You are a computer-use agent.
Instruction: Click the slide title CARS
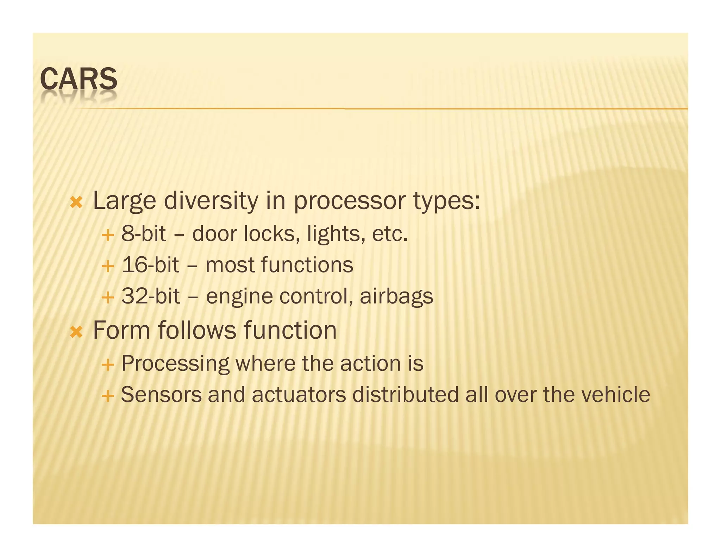[x=79, y=79]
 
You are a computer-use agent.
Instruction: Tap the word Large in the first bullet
[x=124, y=201]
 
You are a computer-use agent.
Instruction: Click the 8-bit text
[x=143, y=233]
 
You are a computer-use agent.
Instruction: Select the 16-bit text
[x=150, y=265]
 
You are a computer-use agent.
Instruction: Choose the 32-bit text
[x=151, y=296]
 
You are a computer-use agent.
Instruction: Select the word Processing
[x=175, y=363]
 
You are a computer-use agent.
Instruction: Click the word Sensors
[x=161, y=395]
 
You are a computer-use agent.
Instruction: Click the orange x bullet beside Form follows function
[x=76, y=332]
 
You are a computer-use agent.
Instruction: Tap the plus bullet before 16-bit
[x=108, y=266]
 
